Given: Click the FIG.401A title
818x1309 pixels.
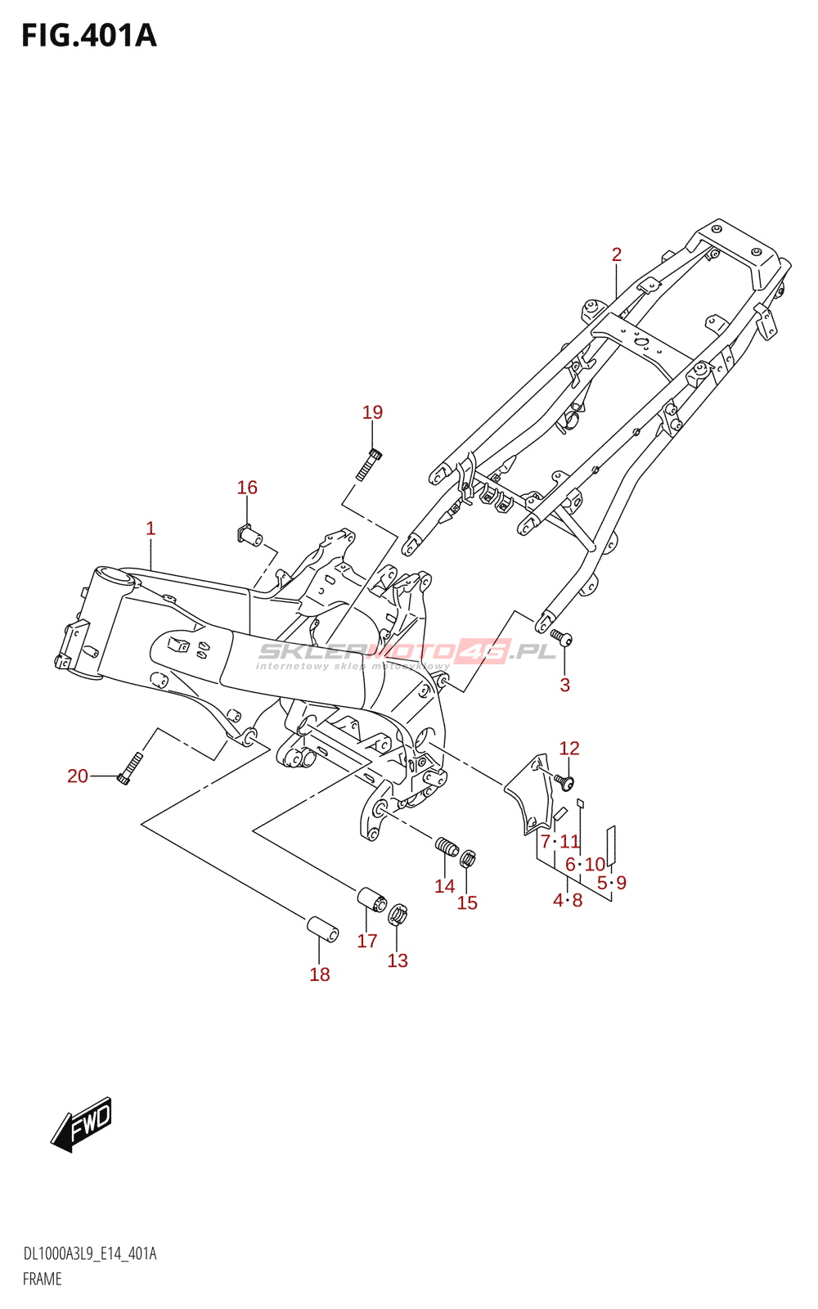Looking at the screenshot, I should [88, 36].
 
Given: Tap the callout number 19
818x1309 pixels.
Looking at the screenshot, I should [372, 412].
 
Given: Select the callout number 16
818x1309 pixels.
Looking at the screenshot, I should [247, 488].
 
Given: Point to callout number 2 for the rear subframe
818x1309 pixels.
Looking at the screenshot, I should [617, 254].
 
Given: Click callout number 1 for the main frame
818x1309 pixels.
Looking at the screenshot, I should [151, 529].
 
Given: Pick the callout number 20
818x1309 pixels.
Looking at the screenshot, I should [78, 776].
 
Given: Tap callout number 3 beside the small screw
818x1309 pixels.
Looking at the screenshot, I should [564, 685].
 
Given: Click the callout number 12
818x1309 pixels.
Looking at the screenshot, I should [569, 748].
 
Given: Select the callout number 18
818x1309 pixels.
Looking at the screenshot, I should [320, 974].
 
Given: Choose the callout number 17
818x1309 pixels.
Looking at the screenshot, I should [367, 941].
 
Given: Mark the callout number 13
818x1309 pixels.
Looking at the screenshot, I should [398, 960].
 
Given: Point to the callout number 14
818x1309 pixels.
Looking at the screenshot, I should [445, 886].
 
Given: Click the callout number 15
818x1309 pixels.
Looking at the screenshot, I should [467, 902].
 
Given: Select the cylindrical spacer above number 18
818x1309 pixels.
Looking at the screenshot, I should [323, 929].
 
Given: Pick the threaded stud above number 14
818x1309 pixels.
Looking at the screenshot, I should [447, 848].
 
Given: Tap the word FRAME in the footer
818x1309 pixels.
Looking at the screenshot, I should [43, 1279].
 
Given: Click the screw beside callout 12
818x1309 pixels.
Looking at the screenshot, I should [564, 782].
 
